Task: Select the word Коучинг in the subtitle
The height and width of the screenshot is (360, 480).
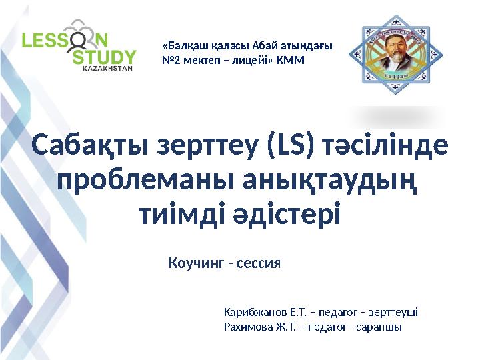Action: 197,263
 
